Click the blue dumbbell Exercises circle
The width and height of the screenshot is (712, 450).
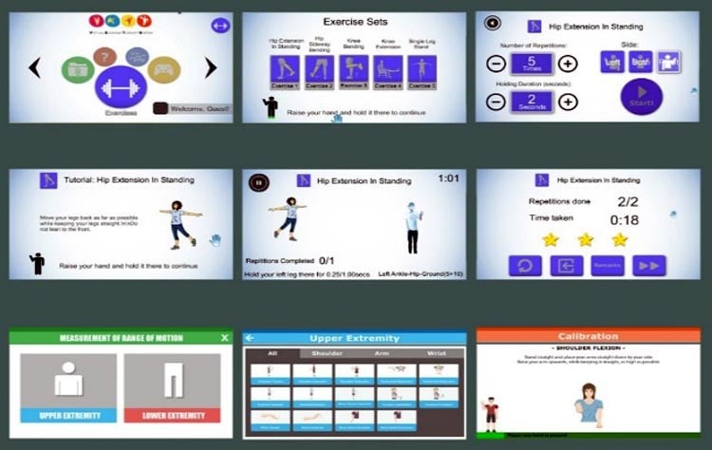coord(121,87)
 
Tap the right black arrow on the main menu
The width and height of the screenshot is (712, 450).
coord(211,67)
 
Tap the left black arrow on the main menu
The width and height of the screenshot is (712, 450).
coord(35,67)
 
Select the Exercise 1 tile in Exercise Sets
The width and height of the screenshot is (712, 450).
coord(284,69)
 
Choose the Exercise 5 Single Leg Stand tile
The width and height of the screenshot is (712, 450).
coord(422,69)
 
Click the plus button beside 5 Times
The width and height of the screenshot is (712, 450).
coord(567,64)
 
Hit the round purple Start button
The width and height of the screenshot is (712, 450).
coord(642,98)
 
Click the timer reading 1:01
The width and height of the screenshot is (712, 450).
coord(450,178)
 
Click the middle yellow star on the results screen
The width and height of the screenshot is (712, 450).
coord(585,239)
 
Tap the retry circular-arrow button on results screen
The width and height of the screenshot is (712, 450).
coord(524,265)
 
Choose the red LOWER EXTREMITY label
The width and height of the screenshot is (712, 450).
coord(172,416)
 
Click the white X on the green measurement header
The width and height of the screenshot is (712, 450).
coord(224,337)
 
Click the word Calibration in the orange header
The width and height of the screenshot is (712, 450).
coord(588,336)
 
